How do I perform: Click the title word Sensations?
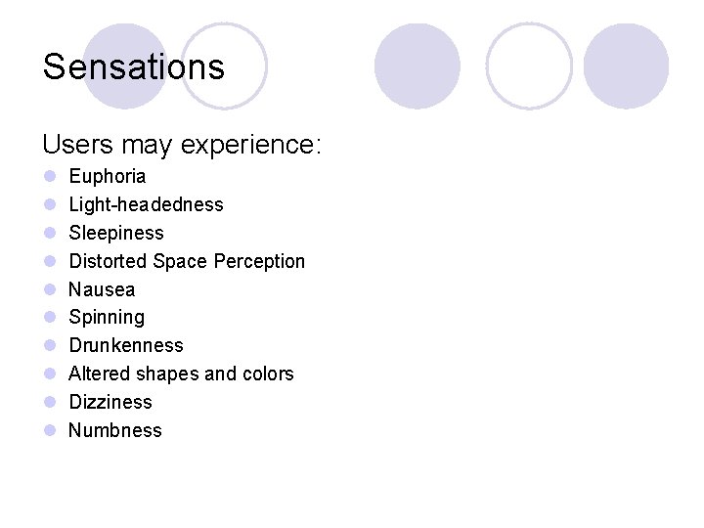(134, 67)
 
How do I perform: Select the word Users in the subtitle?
(77, 145)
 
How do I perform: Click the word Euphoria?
(108, 177)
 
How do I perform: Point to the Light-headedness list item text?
(146, 204)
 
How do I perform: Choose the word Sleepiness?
(116, 233)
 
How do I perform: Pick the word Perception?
(259, 261)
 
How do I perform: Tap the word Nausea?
(102, 289)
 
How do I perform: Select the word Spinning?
(107, 318)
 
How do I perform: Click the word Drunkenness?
(126, 345)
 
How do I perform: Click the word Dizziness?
(110, 402)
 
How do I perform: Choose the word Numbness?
(115, 430)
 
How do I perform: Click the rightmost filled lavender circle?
(626, 66)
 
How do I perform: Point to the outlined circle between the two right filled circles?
(529, 66)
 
